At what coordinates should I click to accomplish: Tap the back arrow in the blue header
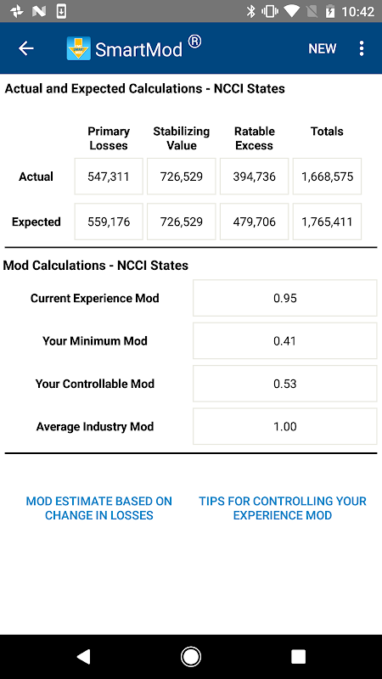point(25,48)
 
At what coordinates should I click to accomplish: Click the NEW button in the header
point(323,48)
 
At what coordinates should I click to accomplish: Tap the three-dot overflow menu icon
point(362,48)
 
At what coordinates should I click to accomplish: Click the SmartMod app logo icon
point(79,48)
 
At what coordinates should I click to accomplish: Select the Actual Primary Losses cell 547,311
point(109,177)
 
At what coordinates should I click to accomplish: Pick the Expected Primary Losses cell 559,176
point(109,222)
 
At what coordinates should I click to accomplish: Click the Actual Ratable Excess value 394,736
point(254,177)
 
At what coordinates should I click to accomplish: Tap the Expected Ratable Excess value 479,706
point(254,222)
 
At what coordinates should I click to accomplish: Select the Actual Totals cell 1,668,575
point(327,177)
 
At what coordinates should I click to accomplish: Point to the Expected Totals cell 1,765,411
point(327,222)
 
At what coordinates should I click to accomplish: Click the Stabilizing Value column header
point(182,138)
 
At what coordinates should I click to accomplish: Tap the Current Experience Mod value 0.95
point(285,298)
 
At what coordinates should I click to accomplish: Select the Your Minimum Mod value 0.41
point(285,341)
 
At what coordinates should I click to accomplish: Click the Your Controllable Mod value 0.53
point(285,384)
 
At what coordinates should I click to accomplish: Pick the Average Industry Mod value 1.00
point(285,427)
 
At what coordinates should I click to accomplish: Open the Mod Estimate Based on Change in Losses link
point(99,508)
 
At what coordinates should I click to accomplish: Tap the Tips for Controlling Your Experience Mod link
point(283,508)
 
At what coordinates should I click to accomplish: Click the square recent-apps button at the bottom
point(299,656)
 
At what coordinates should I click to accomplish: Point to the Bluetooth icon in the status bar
point(250,11)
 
